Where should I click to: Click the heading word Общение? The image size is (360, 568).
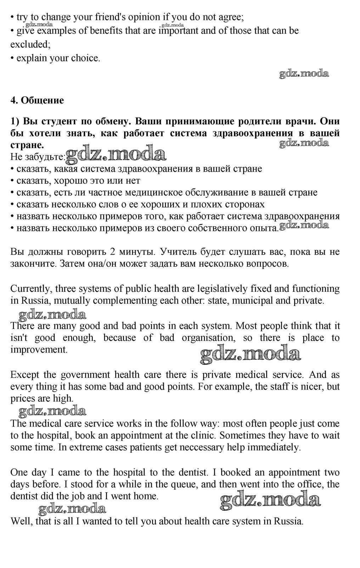[x=43, y=101]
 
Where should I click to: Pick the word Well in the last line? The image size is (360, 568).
[x=20, y=521]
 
